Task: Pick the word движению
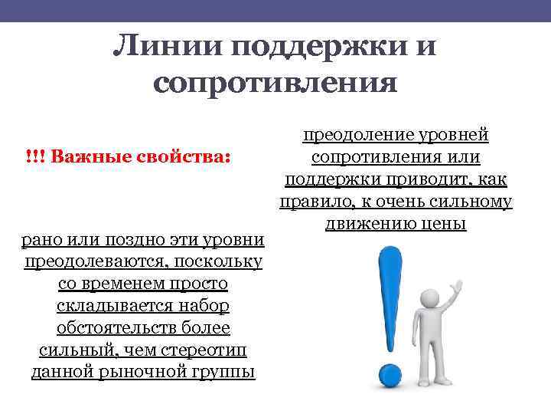(369, 224)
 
